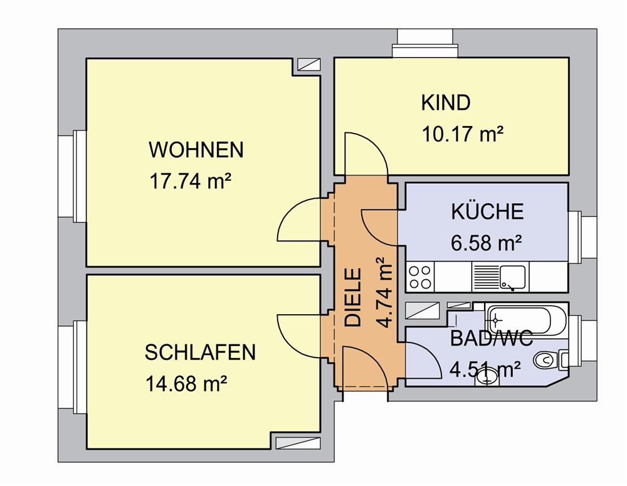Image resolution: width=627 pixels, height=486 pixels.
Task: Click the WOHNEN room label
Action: point(196,150)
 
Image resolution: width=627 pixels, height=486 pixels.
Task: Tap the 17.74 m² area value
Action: point(191,182)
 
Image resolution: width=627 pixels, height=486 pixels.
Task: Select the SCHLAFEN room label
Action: point(200,352)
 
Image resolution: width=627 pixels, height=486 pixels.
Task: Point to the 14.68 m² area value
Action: point(186,384)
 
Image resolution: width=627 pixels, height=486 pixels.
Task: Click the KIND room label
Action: point(445,103)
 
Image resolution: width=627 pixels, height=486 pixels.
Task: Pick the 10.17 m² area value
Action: point(463,134)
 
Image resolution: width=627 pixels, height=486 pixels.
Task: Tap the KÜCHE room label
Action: point(487,211)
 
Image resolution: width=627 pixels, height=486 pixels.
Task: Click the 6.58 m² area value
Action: point(487,243)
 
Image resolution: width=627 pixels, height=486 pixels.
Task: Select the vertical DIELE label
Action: point(353,297)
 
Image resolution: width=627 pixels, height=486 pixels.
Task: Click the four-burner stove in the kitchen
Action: point(420,277)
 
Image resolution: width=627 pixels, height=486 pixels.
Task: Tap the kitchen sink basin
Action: point(513,277)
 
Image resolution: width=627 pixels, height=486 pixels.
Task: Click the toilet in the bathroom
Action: point(551,359)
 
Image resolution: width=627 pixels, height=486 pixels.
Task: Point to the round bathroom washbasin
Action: point(487,376)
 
